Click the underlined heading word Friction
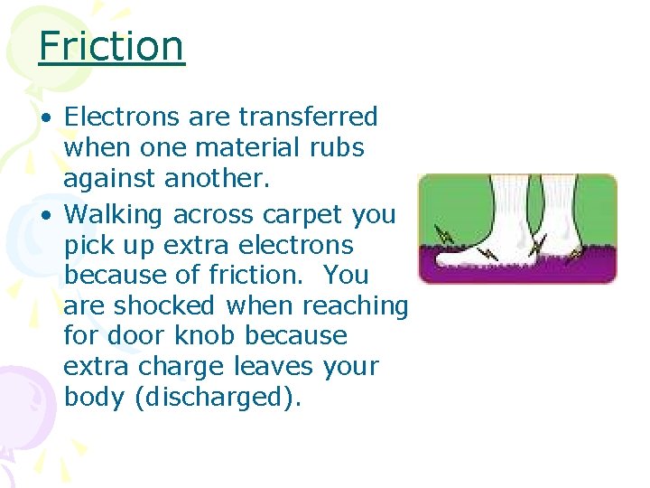[111, 45]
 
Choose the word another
[217, 178]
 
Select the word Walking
[115, 214]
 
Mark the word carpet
[300, 214]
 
